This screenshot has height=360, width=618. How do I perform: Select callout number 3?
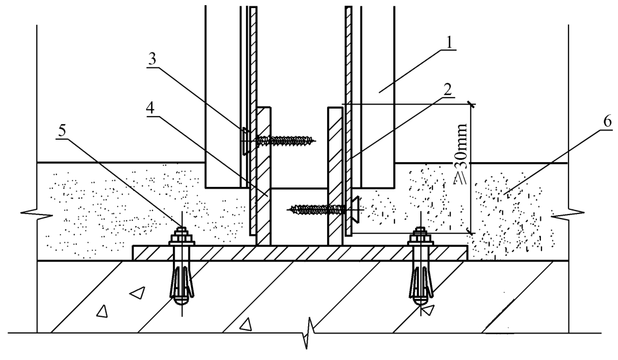pyautogui.click(x=152, y=59)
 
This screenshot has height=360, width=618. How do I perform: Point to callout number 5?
pyautogui.click(x=63, y=131)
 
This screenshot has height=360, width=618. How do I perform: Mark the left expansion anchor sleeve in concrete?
pyautogui.click(x=182, y=284)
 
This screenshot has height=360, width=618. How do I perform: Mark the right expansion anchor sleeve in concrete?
pyautogui.click(x=421, y=284)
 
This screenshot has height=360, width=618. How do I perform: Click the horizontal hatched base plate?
pyautogui.click(x=300, y=253)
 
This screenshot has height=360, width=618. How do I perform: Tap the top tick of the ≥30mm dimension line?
pyautogui.click(x=470, y=105)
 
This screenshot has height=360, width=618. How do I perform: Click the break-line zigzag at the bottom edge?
pyautogui.click(x=308, y=333)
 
